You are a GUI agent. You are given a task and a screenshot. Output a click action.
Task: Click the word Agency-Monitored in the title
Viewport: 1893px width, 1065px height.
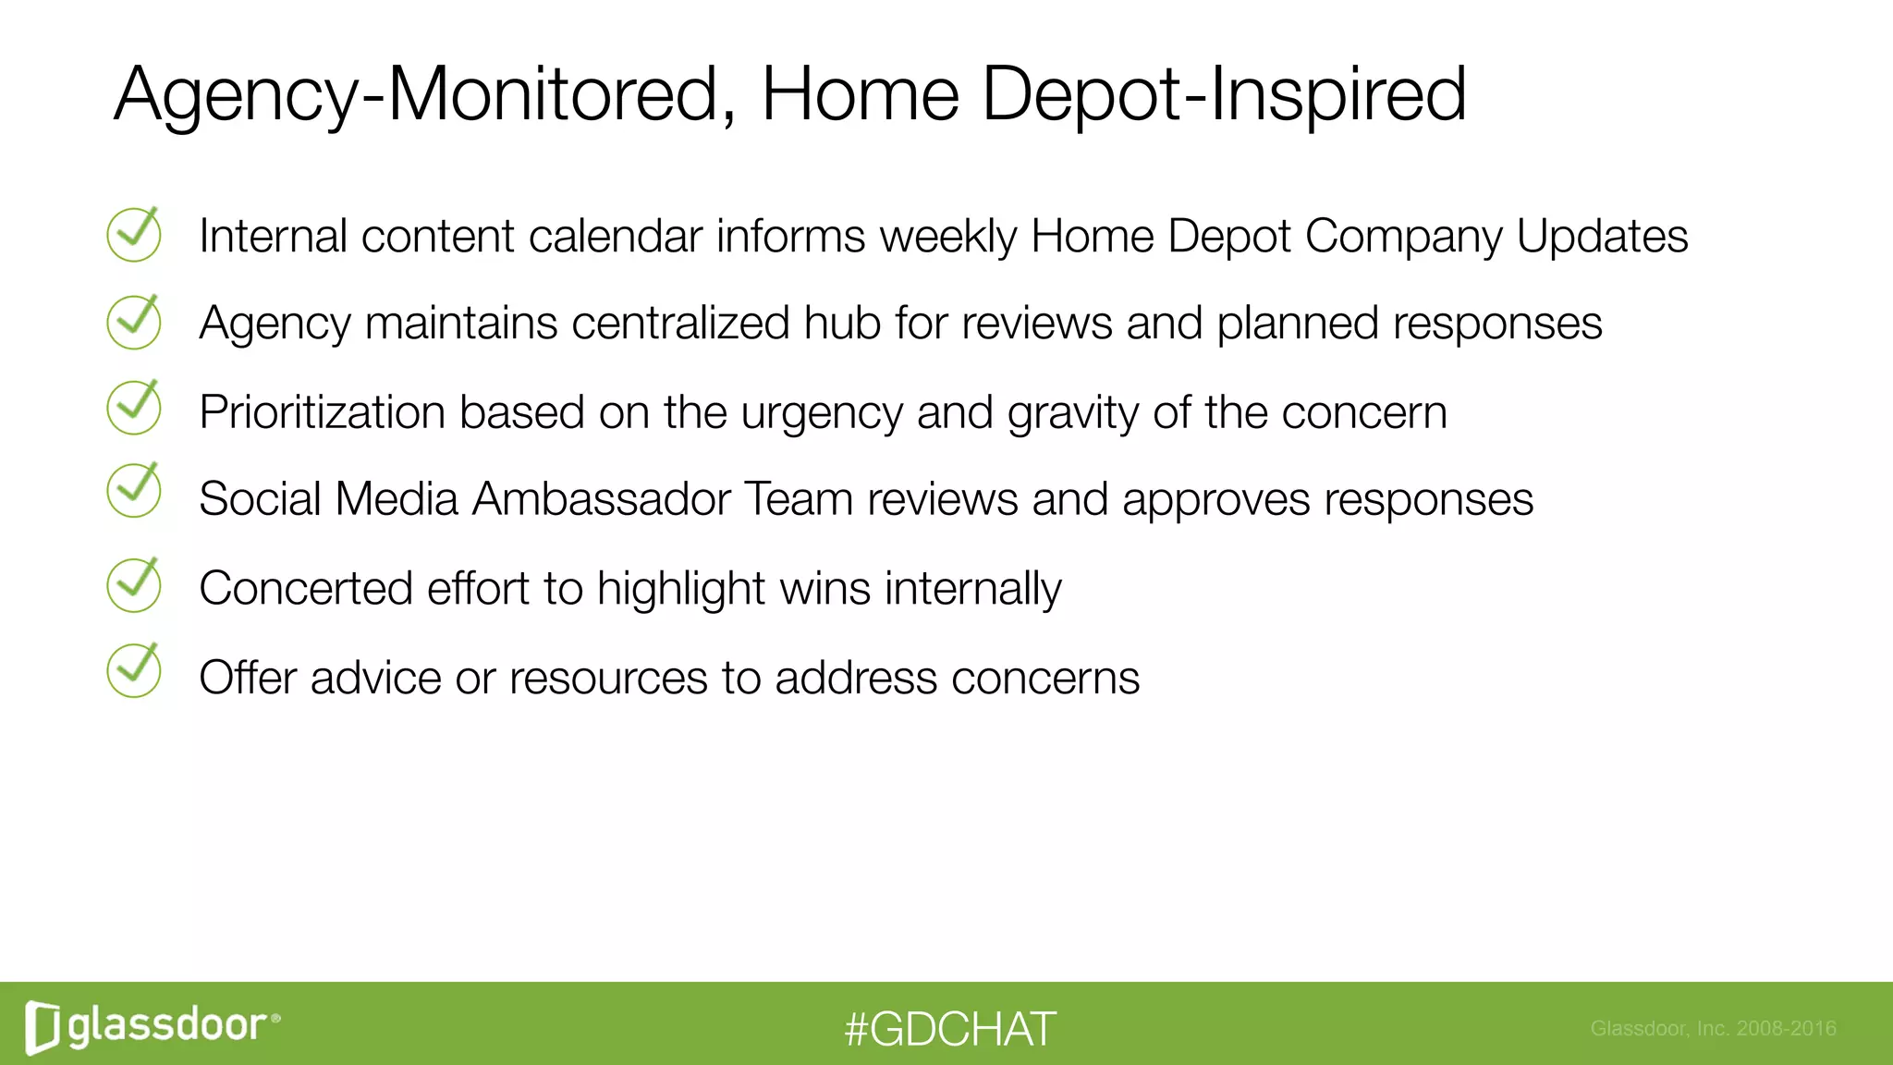pyautogui.click(x=416, y=94)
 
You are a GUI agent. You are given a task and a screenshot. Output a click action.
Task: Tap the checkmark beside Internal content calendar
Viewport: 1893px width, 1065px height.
pyautogui.click(x=134, y=235)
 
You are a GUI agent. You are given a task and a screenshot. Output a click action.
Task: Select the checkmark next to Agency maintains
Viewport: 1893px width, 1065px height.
pyautogui.click(x=134, y=322)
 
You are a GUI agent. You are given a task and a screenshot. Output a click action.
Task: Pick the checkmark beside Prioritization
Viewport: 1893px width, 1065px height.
pyautogui.click(x=134, y=408)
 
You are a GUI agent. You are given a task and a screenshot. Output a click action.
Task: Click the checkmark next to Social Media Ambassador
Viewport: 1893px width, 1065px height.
pyautogui.click(x=134, y=490)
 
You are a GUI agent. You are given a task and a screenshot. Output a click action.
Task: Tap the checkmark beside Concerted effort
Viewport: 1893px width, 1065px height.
pyautogui.click(x=134, y=585)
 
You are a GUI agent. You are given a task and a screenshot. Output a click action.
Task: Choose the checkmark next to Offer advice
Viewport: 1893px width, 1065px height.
pyautogui.click(x=134, y=671)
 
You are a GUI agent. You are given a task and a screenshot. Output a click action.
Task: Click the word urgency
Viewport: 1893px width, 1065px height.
pyautogui.click(x=821, y=413)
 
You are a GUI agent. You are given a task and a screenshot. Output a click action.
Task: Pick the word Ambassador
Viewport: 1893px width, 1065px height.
pyautogui.click(x=602, y=499)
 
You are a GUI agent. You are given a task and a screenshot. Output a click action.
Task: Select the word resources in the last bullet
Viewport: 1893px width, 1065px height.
pyautogui.click(x=608, y=678)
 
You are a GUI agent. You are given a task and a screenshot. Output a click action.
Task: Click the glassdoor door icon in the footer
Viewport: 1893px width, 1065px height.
pyautogui.click(x=43, y=1026)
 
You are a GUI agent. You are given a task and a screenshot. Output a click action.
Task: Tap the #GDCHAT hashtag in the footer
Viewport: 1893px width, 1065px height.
pyautogui.click(x=949, y=1029)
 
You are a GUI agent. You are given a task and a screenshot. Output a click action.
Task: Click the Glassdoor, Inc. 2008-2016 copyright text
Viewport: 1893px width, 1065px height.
pyautogui.click(x=1713, y=1028)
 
